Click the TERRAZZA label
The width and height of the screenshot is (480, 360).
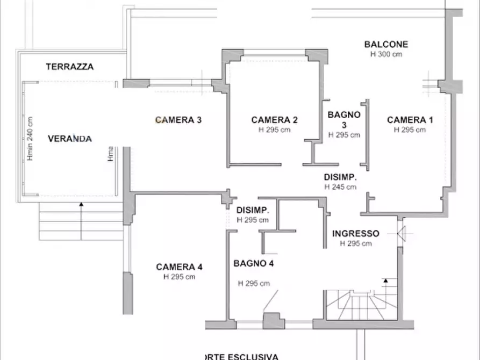(x=70, y=67)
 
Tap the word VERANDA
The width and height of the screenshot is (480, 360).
(x=70, y=139)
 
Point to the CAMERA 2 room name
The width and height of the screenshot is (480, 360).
(x=274, y=120)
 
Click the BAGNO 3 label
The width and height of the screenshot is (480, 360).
(x=344, y=119)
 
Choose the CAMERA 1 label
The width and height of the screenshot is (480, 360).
(x=410, y=120)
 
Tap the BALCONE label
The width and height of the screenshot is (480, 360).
(x=386, y=45)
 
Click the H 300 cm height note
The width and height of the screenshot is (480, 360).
(x=386, y=54)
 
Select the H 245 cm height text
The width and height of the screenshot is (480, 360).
(x=340, y=187)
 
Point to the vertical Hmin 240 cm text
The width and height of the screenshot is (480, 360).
(x=30, y=139)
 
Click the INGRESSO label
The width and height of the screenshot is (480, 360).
(x=355, y=234)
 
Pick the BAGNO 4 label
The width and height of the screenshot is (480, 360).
(x=254, y=263)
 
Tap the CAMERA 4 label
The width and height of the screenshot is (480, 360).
(x=179, y=267)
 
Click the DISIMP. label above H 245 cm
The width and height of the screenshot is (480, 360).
(x=340, y=177)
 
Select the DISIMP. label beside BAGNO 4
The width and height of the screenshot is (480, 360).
(x=253, y=210)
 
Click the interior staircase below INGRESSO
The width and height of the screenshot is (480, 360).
(x=361, y=306)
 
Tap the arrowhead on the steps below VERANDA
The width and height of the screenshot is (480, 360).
(x=81, y=205)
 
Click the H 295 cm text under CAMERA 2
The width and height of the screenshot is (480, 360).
(x=274, y=129)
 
